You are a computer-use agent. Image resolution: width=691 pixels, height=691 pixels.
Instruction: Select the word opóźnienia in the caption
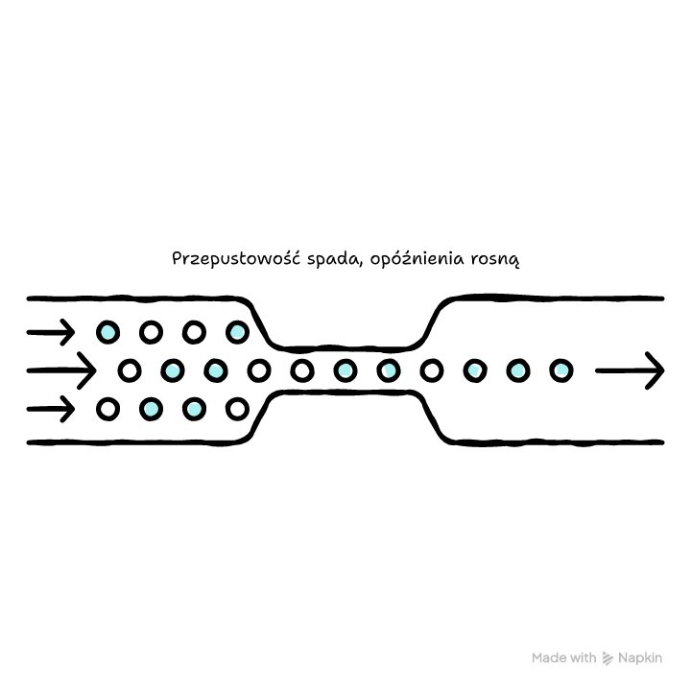(x=417, y=259)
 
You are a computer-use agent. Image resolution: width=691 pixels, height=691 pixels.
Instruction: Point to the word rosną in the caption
(x=495, y=259)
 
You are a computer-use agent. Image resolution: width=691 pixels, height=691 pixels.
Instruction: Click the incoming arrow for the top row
(x=51, y=332)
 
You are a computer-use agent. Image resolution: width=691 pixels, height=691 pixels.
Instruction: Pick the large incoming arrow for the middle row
(x=61, y=370)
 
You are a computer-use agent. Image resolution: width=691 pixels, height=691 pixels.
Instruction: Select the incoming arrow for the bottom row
(x=51, y=410)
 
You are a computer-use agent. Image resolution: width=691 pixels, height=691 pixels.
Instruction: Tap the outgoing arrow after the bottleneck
(x=630, y=370)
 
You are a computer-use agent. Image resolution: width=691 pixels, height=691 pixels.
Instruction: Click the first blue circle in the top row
(x=107, y=332)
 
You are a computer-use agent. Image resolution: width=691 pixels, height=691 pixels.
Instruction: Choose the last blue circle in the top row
(x=238, y=332)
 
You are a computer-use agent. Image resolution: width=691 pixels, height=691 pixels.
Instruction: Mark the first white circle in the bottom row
(x=107, y=410)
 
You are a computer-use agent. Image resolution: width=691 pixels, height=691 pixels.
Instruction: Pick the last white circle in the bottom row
(x=238, y=410)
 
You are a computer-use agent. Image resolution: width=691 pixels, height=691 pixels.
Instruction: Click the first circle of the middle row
(x=130, y=370)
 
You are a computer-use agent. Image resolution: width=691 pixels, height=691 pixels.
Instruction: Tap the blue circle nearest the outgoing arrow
(x=561, y=370)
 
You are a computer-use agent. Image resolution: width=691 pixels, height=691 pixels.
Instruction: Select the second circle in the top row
(x=152, y=332)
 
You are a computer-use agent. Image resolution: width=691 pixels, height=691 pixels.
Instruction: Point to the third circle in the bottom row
(x=194, y=410)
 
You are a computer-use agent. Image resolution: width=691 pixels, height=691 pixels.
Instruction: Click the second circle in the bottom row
(x=152, y=410)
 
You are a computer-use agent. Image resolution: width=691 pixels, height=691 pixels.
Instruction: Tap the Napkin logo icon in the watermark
(x=608, y=658)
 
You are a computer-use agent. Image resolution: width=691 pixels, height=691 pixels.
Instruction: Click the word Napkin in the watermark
(x=640, y=658)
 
